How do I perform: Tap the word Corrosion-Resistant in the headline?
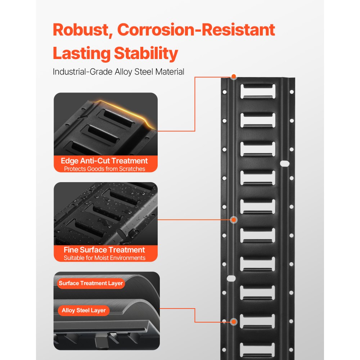(x=196, y=30)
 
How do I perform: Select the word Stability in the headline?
(x=146, y=54)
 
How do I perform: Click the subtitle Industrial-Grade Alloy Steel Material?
(x=118, y=72)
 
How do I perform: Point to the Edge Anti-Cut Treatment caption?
(x=104, y=161)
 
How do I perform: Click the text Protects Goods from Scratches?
(x=104, y=169)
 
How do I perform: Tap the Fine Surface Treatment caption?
(x=104, y=250)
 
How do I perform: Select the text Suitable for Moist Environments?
(x=104, y=258)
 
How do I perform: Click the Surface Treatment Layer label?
(x=91, y=283)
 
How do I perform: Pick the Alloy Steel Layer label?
(x=84, y=310)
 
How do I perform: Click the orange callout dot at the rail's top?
(x=234, y=76)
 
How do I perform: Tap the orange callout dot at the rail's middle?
(x=234, y=220)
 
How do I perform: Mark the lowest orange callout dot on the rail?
(x=234, y=321)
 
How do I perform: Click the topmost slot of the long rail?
(x=258, y=91)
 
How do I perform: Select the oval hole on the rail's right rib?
(x=285, y=164)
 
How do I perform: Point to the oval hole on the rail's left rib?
(x=231, y=279)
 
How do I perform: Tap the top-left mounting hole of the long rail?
(x=225, y=92)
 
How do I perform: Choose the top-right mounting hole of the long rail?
(x=292, y=92)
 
